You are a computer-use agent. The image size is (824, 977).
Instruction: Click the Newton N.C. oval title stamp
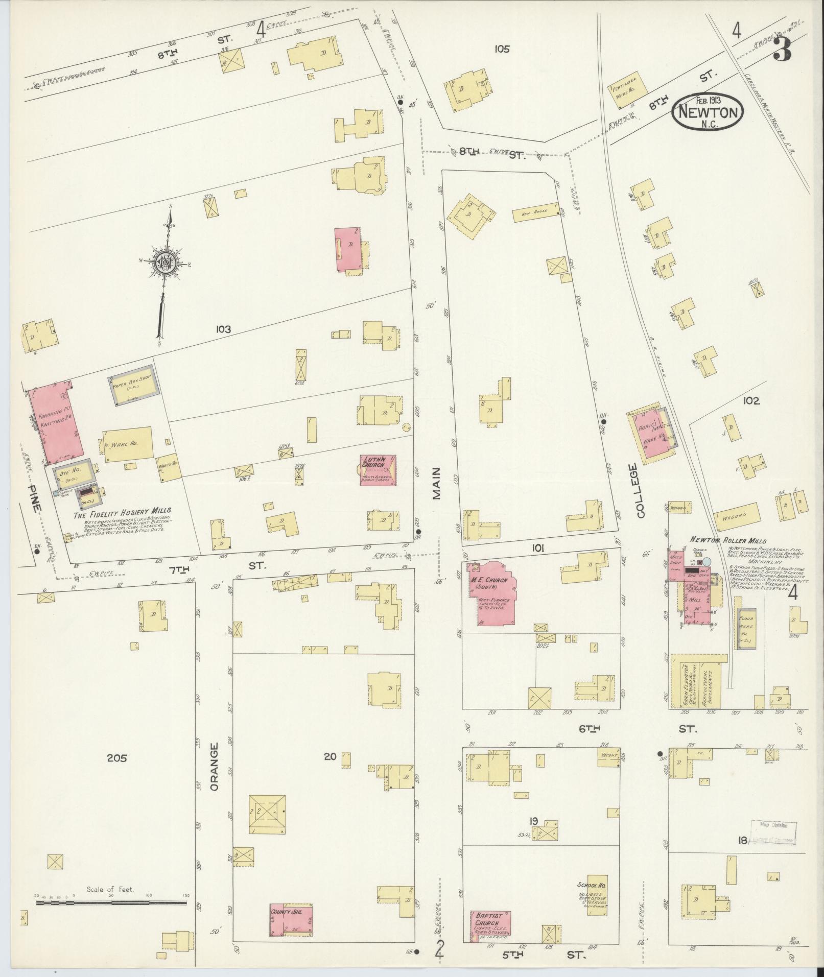point(707,111)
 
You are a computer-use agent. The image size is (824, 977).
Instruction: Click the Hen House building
point(534,215)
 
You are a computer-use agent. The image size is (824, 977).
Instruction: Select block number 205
point(117,757)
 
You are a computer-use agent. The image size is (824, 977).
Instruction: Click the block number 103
point(223,329)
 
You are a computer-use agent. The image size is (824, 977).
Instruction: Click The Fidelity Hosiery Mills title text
point(123,510)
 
